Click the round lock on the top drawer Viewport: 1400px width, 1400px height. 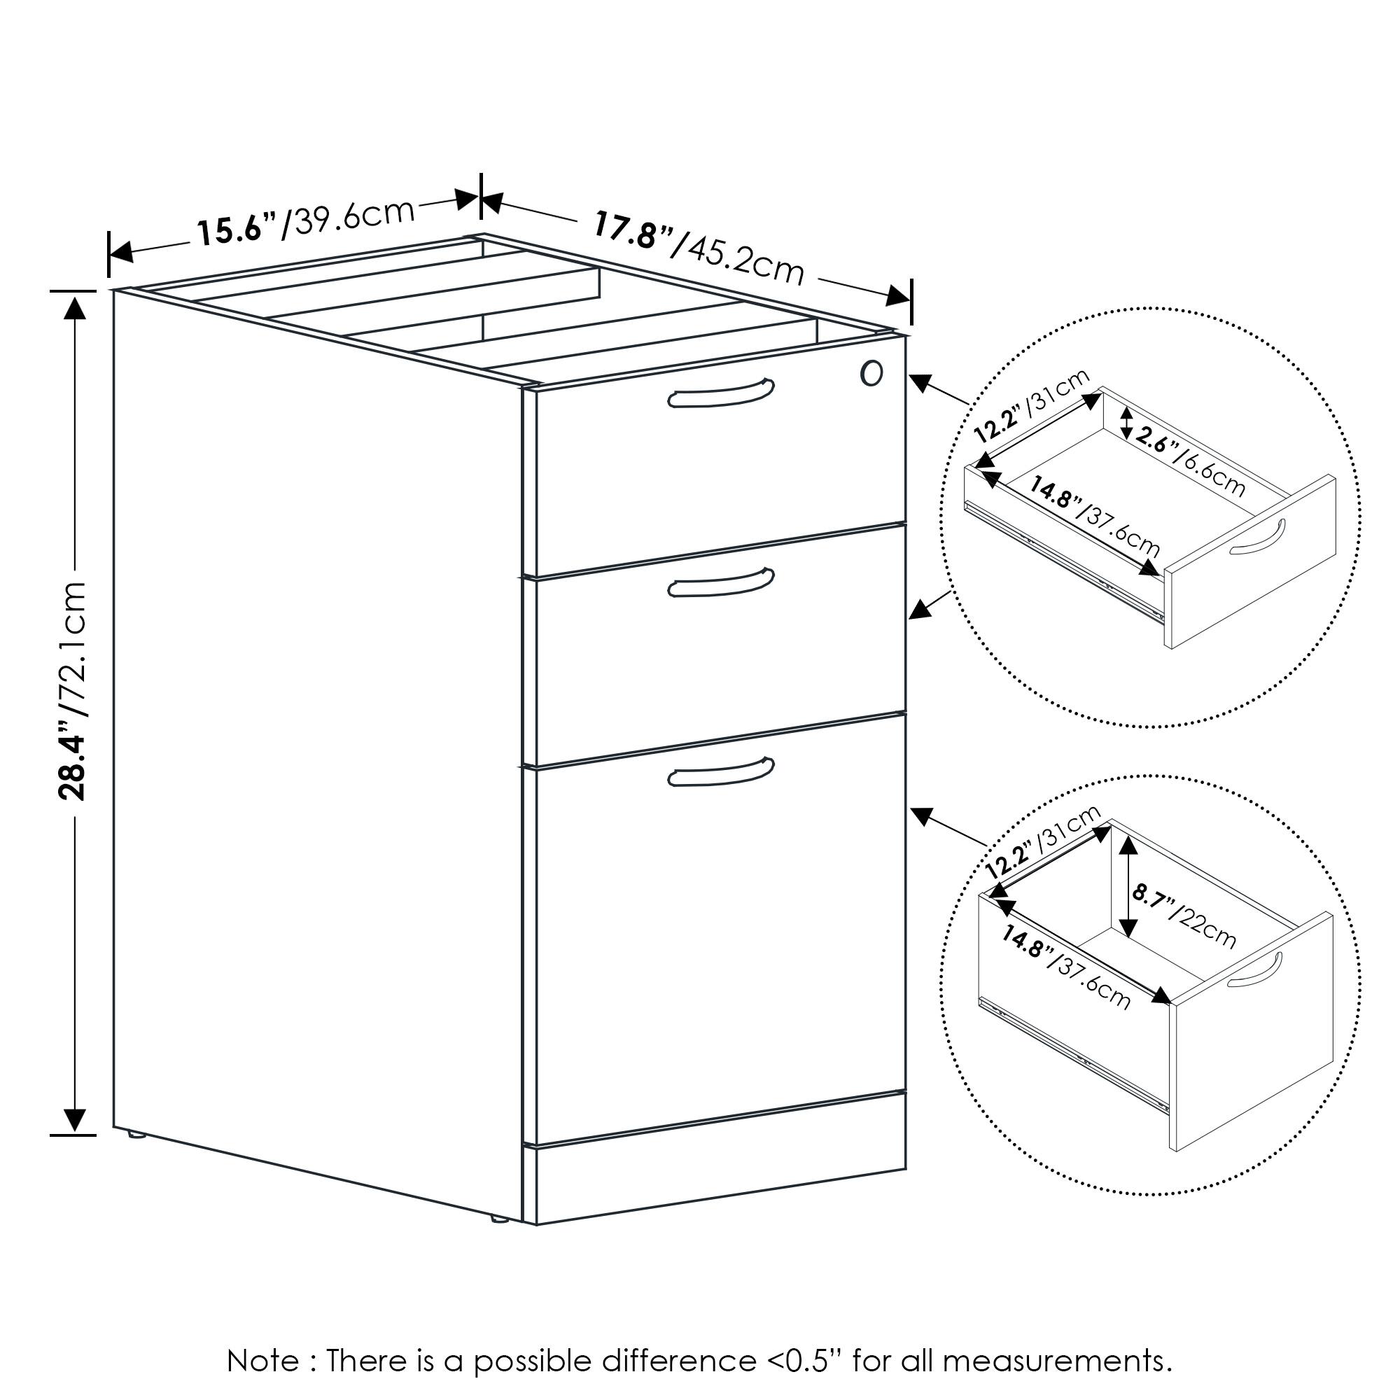(x=871, y=373)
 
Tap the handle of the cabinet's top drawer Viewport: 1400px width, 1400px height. (x=720, y=394)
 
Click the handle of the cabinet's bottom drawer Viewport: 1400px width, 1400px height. (x=720, y=773)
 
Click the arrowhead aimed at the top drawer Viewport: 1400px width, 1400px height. (x=921, y=382)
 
